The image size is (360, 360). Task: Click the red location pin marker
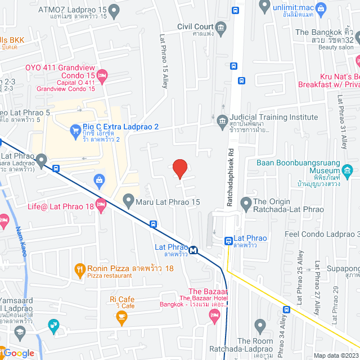(179, 168)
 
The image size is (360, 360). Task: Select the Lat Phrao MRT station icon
(193, 250)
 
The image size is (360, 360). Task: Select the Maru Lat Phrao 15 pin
(128, 200)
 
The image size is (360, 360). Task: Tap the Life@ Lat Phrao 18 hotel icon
(101, 206)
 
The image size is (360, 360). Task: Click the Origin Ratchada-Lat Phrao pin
(246, 202)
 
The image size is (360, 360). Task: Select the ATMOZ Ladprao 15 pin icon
(114, 10)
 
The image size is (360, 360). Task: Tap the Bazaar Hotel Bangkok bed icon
(214, 318)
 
